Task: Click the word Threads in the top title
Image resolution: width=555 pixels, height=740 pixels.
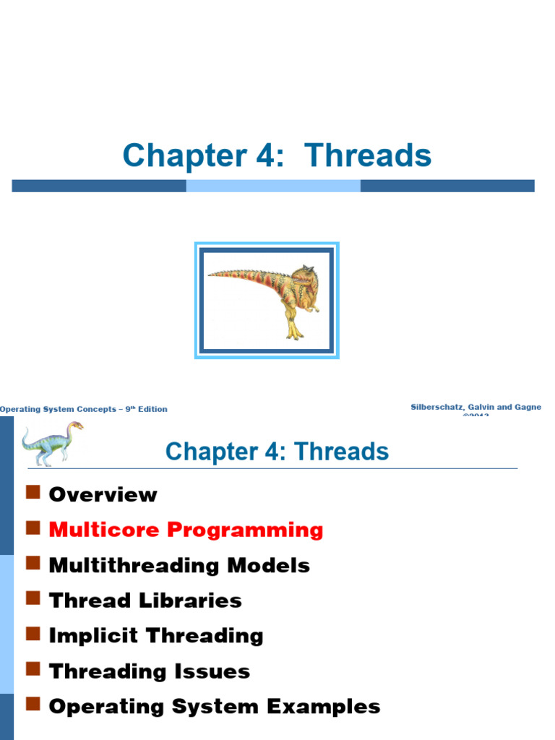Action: [368, 156]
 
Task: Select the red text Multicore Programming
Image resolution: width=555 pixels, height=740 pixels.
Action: [186, 530]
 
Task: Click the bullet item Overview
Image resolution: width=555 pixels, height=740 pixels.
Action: [103, 494]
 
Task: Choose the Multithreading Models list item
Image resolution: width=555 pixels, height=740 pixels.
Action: [179, 565]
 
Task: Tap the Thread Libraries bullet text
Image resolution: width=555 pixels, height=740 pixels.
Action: [145, 601]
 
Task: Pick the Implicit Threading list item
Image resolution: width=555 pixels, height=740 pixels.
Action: [156, 636]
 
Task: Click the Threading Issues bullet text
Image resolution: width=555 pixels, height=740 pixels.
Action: [150, 671]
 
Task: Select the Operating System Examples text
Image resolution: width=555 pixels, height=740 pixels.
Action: [215, 707]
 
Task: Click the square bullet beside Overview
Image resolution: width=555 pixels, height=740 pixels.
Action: [32, 493]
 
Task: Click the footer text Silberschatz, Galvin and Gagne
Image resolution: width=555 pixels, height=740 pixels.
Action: [476, 408]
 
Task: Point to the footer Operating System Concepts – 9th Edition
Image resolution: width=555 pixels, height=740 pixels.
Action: [84, 409]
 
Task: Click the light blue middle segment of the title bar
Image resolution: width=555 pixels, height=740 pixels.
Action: [273, 186]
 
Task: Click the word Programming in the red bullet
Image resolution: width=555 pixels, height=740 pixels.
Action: [246, 530]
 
